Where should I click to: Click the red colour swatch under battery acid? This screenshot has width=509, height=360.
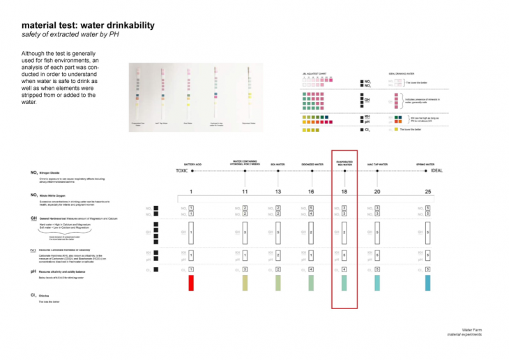190,283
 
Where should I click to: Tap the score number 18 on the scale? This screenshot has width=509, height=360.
344,191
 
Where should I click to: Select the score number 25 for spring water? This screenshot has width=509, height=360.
427,191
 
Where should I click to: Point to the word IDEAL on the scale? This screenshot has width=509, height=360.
436,170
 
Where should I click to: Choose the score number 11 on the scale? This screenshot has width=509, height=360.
245,191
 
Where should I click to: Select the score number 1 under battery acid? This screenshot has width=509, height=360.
190,191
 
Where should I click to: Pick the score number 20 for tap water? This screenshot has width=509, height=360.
377,191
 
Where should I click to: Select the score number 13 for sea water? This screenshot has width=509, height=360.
278,191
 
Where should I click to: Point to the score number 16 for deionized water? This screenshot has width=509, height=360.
311,191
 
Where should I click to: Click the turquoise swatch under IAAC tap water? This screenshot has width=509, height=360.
377,283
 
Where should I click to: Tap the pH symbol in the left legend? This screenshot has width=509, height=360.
34,271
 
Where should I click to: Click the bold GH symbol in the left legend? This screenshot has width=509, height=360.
34,218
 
